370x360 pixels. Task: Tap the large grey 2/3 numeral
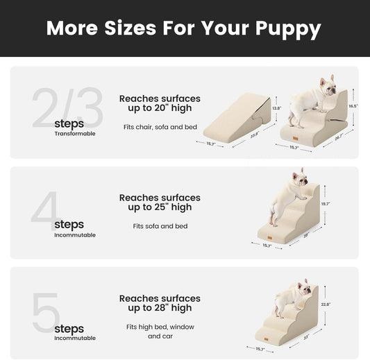pyautogui.click(x=67, y=108)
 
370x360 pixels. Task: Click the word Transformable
pyautogui.click(x=75, y=134)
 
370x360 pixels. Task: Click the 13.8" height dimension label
pyautogui.click(x=276, y=108)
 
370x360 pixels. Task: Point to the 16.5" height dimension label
pyautogui.click(x=353, y=105)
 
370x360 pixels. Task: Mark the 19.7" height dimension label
pyautogui.click(x=325, y=204)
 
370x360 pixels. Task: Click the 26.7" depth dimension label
pyautogui.click(x=339, y=137)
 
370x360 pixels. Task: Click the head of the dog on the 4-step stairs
pyautogui.click(x=299, y=178)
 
